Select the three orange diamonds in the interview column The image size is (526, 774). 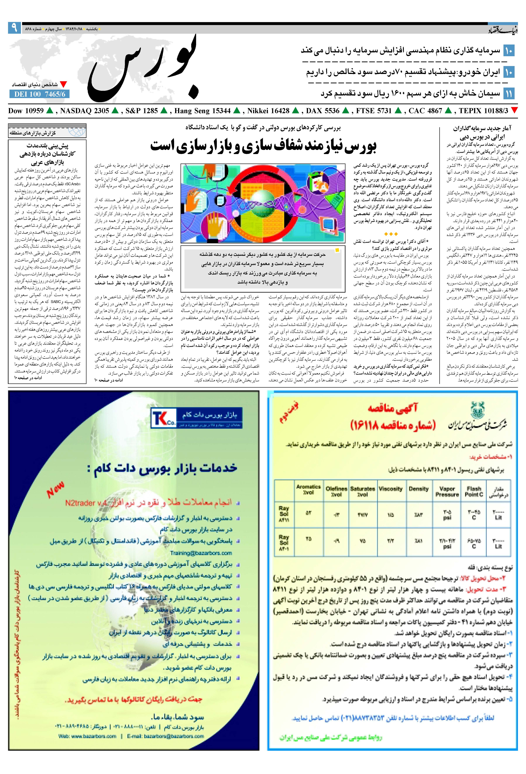point(391,234)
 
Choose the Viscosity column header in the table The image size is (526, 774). point(391,489)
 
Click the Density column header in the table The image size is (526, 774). point(419,489)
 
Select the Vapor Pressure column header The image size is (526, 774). point(447,492)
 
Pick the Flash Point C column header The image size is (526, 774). point(474,492)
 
